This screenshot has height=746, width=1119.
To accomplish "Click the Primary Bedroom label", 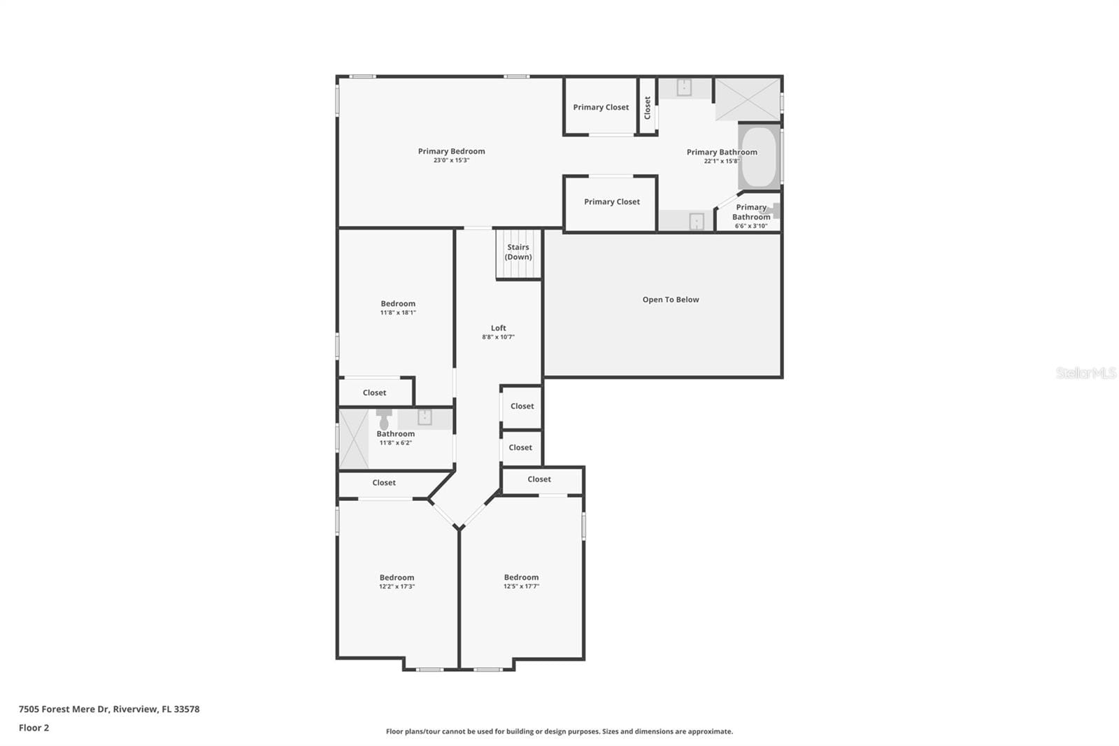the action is tap(451, 151).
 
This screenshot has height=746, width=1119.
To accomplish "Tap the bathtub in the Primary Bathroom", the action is tap(759, 157).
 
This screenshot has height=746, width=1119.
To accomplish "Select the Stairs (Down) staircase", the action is tap(518, 253).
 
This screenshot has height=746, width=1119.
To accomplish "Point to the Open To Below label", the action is tap(671, 300).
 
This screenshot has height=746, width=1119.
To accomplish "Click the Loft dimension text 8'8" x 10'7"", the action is tap(498, 337).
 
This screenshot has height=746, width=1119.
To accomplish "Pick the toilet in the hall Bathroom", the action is tap(384, 419).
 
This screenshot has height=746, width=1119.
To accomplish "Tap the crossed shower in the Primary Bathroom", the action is tap(748, 99).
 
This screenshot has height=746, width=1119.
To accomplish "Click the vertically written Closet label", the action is tap(648, 108).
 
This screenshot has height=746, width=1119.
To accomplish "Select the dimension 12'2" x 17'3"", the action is tap(397, 586).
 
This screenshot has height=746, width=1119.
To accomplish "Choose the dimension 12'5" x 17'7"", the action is tap(521, 586).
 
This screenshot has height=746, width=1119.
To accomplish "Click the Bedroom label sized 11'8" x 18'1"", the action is tap(398, 304).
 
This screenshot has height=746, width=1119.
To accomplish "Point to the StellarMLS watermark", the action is tap(1086, 372).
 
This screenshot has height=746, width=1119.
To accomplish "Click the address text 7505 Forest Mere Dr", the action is tap(64, 709).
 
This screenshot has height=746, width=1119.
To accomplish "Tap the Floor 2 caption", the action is tap(34, 728).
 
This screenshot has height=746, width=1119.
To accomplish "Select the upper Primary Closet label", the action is tap(601, 107).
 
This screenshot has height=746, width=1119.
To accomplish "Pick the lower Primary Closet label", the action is tap(611, 202).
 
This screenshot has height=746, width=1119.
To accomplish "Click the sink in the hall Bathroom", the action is tap(425, 417).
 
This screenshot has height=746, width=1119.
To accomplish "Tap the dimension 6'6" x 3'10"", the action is tap(751, 226).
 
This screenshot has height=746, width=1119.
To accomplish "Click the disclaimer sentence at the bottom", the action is tap(559, 731).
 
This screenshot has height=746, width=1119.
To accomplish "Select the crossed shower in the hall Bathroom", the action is tap(354, 439).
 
